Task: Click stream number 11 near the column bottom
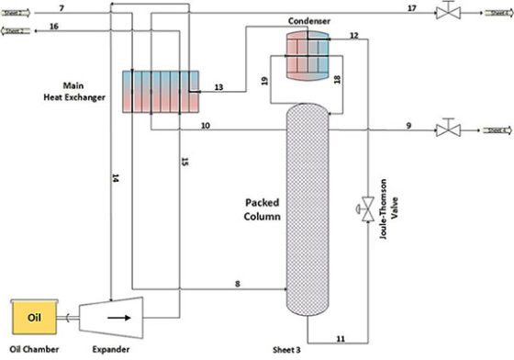[341, 340]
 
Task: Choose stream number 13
[218, 86]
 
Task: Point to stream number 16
[54, 28]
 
